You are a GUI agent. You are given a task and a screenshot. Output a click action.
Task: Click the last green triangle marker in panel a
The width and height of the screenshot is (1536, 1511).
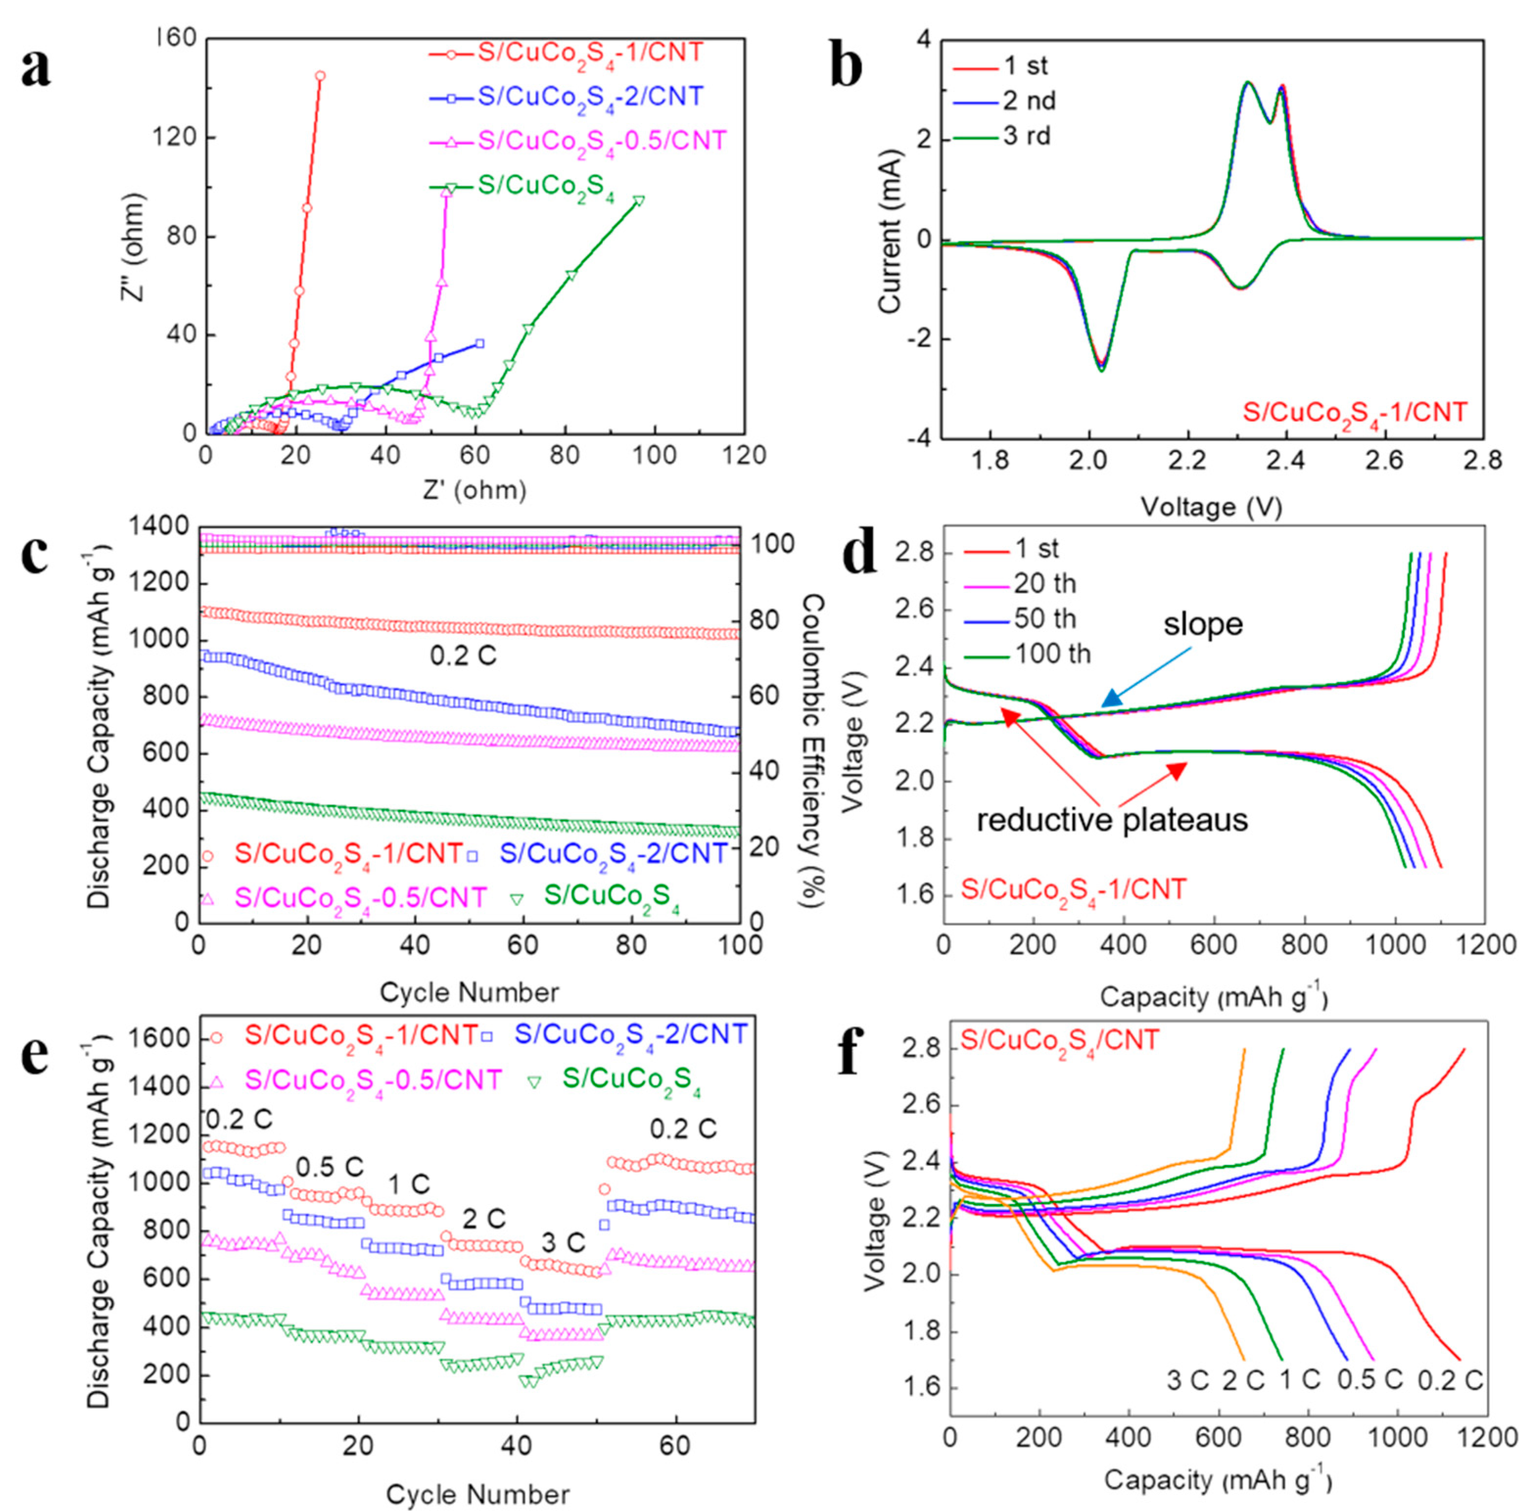pyautogui.click(x=638, y=201)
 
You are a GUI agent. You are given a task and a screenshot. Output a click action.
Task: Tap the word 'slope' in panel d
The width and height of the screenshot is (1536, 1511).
pyautogui.click(x=1203, y=625)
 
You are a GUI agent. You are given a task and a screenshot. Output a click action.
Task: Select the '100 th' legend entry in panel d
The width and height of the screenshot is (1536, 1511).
pyautogui.click(x=1052, y=654)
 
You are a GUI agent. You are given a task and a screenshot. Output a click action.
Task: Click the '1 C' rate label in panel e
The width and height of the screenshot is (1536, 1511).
pyautogui.click(x=409, y=1185)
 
